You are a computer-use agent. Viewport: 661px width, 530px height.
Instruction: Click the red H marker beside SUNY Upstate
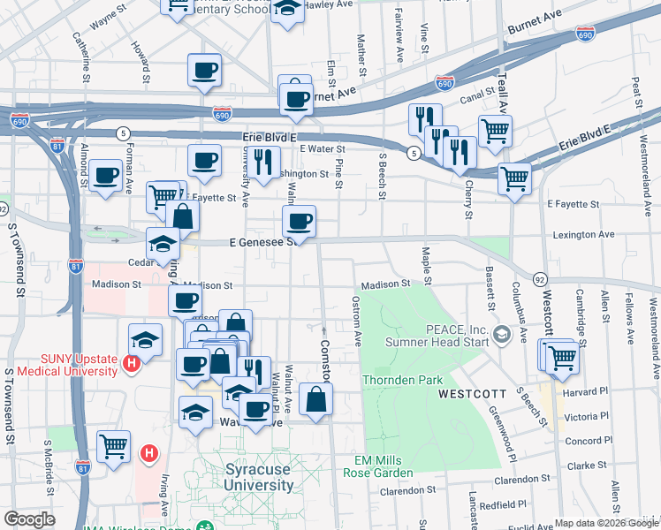132,363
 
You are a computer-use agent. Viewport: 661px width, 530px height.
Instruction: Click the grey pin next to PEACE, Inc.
502,334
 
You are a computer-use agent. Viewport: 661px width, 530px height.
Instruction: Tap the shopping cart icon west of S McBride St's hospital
114,447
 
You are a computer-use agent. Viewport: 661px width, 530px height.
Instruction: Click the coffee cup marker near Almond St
105,175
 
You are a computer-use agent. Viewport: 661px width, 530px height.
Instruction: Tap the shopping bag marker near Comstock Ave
315,399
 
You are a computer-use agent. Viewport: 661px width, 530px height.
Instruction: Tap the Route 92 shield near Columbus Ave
539,279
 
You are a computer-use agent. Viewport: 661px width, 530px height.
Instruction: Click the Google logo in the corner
29,519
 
